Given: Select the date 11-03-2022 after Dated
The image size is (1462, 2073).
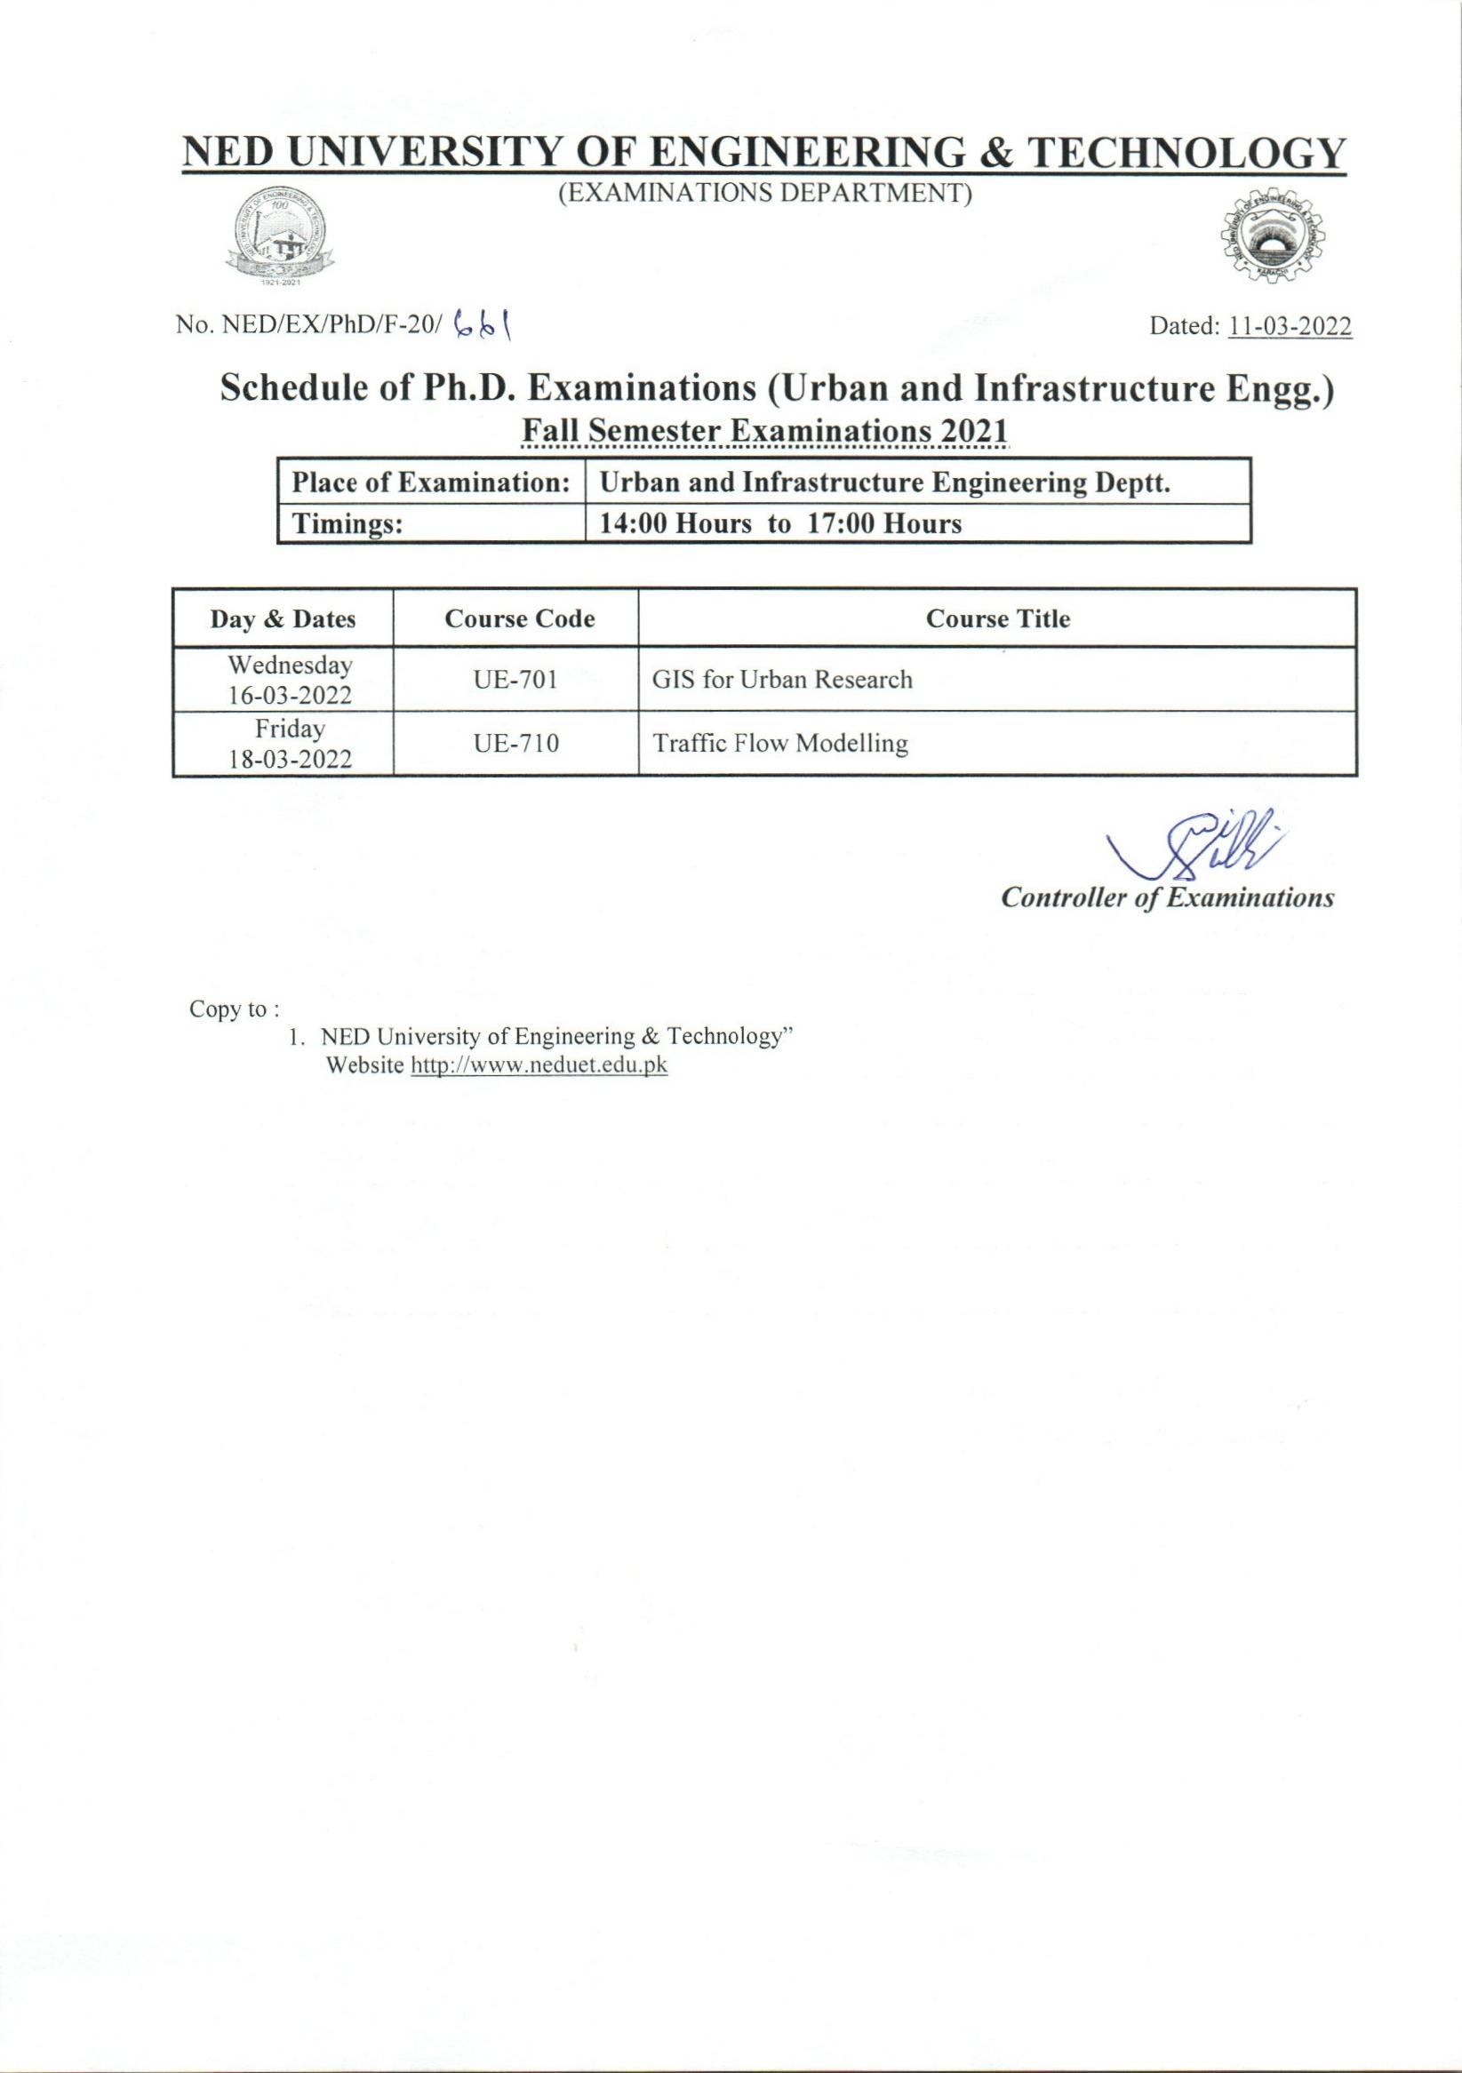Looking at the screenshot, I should click(x=1290, y=327).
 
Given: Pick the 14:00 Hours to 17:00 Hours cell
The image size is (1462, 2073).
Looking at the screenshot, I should click(x=916, y=523).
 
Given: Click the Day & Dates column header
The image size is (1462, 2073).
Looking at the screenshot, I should click(x=283, y=619).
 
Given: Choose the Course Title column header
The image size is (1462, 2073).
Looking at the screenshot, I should click(x=997, y=619).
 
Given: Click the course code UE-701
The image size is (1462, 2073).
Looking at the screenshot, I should click(x=515, y=680).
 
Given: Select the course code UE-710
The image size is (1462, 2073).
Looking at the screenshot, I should click(x=515, y=744).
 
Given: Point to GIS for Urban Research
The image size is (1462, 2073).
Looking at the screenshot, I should click(x=782, y=680).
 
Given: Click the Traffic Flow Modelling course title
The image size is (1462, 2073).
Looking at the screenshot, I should click(x=779, y=744).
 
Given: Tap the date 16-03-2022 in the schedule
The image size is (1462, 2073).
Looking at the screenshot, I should click(x=289, y=695).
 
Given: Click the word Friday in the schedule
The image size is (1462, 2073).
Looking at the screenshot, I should click(x=289, y=728).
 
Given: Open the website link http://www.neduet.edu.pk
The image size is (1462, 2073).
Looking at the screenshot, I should click(x=539, y=1065).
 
